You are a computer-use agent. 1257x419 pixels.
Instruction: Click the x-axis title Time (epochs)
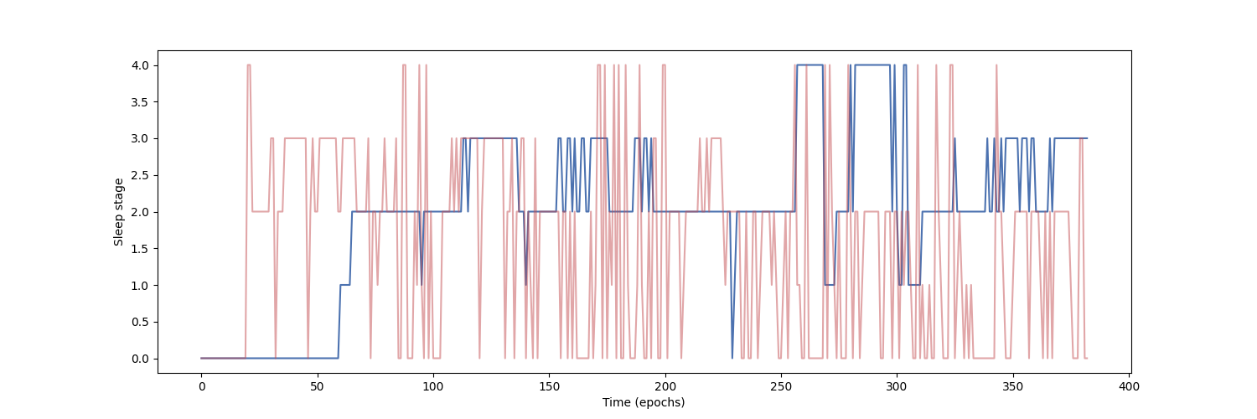644,402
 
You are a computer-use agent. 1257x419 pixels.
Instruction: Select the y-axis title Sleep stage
119,212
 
